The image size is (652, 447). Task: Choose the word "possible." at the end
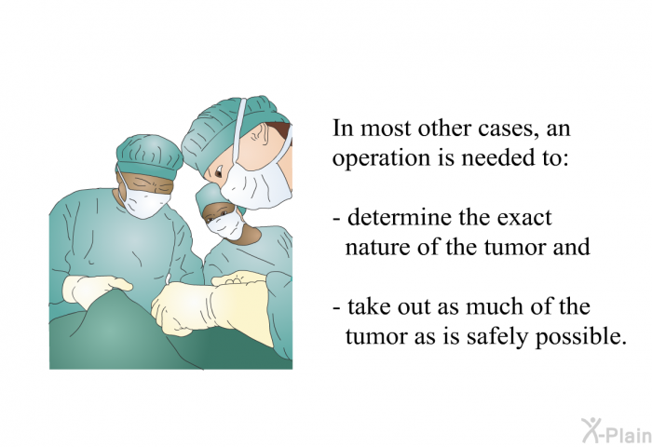tap(580, 337)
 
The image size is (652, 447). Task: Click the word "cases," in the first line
tap(506, 129)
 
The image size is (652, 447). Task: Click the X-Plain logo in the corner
tap(617, 431)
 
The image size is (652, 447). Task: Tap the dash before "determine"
tap(337, 219)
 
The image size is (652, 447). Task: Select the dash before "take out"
tap(337, 308)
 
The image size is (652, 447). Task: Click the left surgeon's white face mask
tap(143, 198)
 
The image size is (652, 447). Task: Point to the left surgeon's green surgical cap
tap(150, 156)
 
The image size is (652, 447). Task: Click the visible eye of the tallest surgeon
tap(218, 171)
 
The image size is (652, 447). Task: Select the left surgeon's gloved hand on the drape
tap(96, 289)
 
